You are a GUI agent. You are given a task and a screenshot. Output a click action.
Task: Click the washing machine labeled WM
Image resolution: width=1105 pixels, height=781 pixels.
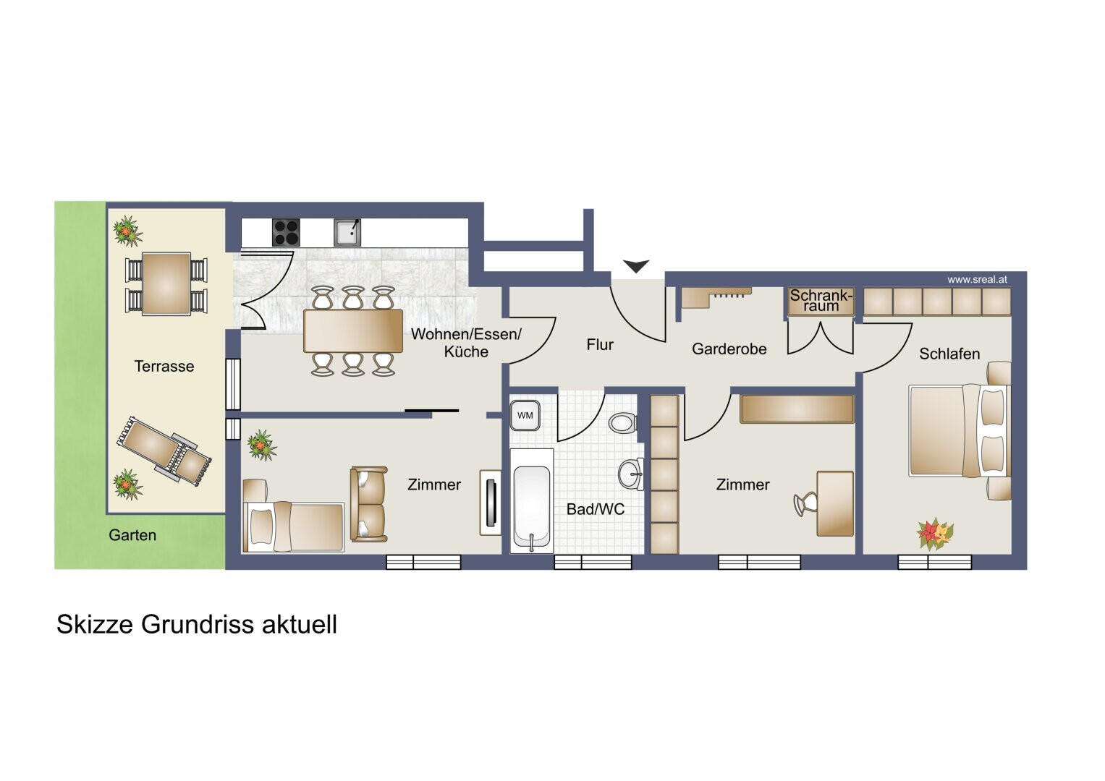coord(525,415)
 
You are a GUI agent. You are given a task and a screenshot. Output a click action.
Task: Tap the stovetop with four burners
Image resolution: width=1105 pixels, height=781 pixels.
coord(286,232)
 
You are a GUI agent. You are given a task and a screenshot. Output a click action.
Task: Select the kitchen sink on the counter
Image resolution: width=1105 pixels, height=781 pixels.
coord(347,232)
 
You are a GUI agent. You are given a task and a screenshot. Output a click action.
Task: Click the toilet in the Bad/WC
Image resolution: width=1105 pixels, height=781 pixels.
coord(624,422)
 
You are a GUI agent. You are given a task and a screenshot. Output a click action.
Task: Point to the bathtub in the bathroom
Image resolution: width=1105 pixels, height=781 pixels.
coord(531,500)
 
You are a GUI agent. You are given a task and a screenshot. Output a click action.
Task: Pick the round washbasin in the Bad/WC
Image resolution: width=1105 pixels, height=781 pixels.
coord(631,474)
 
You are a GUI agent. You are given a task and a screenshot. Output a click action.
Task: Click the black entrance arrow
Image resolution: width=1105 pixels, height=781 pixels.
coord(636,266)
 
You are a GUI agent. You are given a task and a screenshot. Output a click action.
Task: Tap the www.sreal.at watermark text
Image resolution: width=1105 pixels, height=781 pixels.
coord(977,280)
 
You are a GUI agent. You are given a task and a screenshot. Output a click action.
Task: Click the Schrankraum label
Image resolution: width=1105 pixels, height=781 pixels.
coord(821,300)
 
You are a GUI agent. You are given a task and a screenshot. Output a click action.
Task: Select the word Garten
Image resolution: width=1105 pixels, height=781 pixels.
coord(132,535)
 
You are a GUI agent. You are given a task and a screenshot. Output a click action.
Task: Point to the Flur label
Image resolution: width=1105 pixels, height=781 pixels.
coord(600,345)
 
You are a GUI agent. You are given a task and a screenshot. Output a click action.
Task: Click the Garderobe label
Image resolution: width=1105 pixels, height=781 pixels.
coord(729,349)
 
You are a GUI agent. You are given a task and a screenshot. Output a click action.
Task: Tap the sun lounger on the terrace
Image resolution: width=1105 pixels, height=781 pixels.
coord(164,452)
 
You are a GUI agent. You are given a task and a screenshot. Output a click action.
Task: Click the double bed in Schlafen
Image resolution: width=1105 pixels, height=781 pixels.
coord(960,431)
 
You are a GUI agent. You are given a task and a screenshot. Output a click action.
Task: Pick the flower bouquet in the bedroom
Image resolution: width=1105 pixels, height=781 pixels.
coord(934,534)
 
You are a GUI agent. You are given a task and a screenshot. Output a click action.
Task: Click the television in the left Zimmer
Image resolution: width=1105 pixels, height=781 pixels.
coord(491,503)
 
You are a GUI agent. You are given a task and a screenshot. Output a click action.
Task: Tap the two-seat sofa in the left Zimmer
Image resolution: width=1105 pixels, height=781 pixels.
coord(368,505)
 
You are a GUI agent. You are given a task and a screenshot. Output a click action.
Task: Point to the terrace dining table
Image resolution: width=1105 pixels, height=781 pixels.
coord(166,283)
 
